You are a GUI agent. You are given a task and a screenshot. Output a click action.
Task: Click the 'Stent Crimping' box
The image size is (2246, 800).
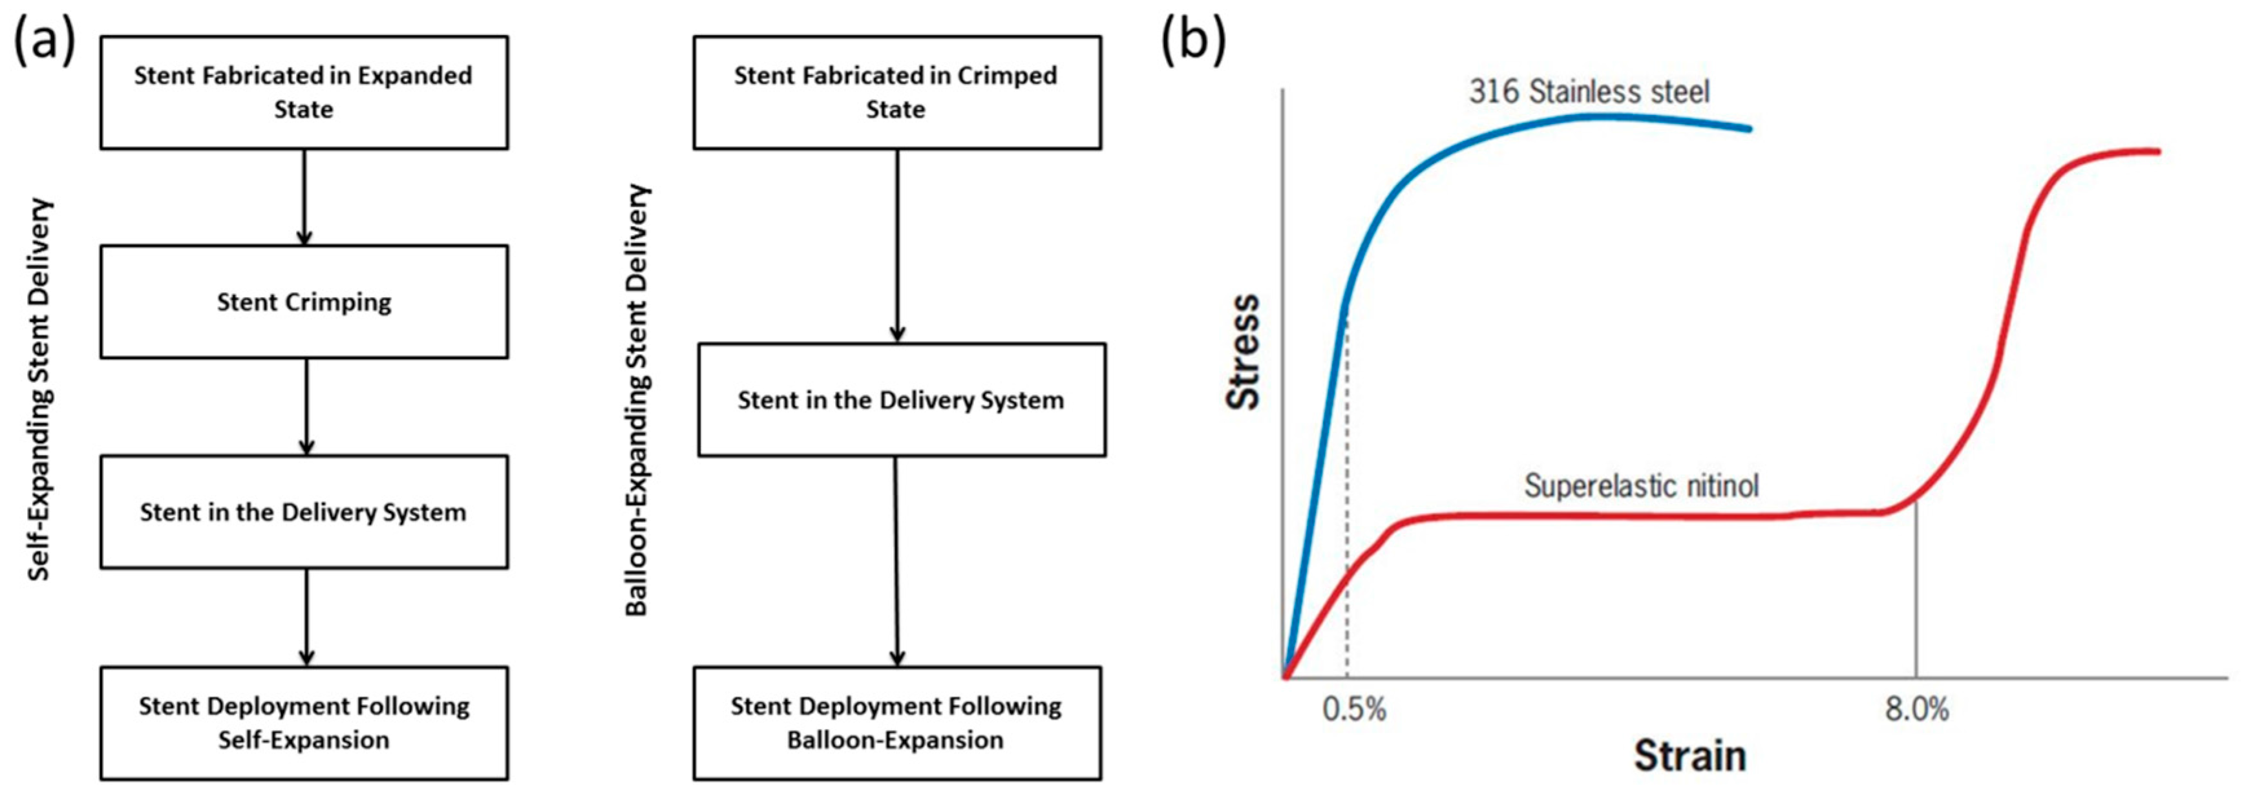(x=303, y=302)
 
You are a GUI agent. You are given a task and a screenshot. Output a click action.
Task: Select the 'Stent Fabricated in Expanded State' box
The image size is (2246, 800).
(x=303, y=92)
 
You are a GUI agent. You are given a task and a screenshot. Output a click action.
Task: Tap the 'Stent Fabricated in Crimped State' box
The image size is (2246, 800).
(x=896, y=92)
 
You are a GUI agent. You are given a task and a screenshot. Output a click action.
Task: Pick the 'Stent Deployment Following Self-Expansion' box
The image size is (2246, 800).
(x=303, y=722)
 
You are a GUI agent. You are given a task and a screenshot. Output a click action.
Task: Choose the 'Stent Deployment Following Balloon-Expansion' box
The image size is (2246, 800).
(x=896, y=722)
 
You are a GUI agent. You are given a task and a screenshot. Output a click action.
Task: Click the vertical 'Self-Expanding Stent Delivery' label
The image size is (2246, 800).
(x=40, y=390)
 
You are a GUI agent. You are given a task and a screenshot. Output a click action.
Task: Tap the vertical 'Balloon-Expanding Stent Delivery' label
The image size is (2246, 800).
(x=637, y=400)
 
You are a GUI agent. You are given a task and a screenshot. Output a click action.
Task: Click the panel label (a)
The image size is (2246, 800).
(x=43, y=41)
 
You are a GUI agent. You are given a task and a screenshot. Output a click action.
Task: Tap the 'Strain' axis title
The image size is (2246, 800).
(x=1690, y=755)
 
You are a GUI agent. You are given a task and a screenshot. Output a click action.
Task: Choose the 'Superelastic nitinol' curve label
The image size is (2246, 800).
(x=1641, y=485)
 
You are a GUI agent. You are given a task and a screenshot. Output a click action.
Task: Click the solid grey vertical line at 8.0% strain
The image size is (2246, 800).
(x=1916, y=602)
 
